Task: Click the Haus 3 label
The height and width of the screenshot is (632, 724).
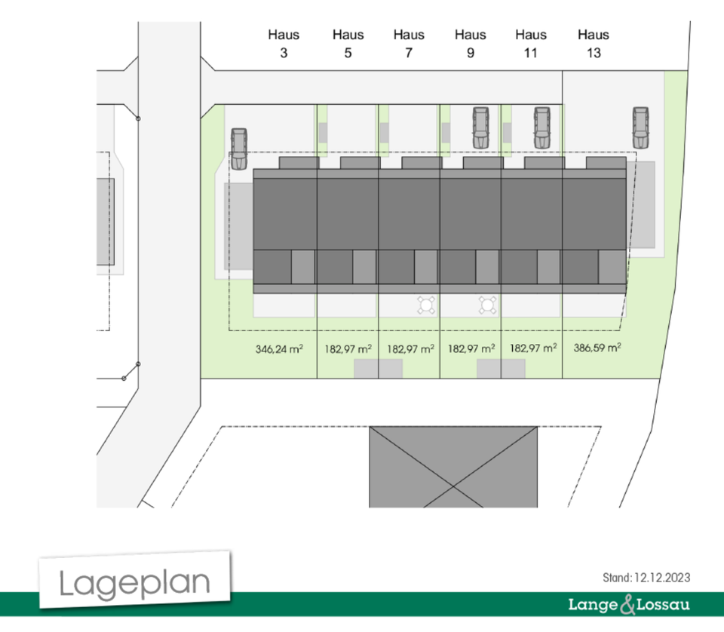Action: (284, 44)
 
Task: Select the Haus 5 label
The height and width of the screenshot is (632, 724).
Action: (348, 44)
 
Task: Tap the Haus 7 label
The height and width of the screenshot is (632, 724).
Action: (409, 44)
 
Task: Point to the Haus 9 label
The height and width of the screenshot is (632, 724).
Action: (470, 44)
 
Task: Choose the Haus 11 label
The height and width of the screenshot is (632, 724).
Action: (531, 44)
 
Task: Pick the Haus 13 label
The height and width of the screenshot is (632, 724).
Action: (594, 44)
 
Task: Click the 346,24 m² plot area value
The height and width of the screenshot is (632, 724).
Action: (279, 349)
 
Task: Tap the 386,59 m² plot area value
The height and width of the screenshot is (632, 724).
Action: (597, 348)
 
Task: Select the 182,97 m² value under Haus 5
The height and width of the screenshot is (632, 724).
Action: (348, 349)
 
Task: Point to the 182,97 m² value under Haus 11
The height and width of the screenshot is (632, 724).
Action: (533, 348)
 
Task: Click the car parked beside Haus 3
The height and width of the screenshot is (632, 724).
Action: (239, 149)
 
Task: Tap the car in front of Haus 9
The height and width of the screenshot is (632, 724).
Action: (480, 128)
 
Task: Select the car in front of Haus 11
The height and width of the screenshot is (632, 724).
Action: (542, 128)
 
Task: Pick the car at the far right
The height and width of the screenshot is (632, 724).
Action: (640, 128)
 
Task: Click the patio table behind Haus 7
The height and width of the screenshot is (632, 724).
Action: (425, 305)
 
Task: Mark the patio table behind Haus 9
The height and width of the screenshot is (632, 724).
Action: (488, 305)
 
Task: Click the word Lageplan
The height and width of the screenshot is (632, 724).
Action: (134, 583)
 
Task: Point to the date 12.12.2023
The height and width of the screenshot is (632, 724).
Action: (662, 578)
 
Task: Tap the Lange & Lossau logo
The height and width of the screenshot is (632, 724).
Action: (629, 605)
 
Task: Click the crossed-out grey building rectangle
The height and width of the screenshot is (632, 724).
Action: (453, 467)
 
